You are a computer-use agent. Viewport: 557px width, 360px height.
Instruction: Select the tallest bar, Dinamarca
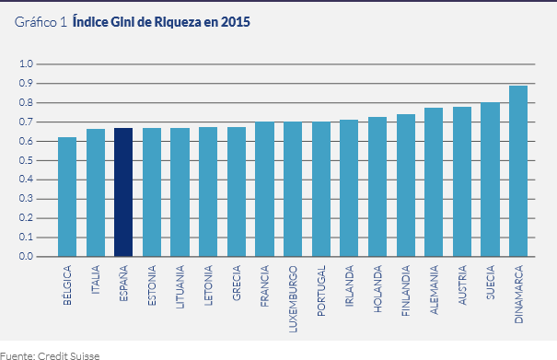pos(518,171)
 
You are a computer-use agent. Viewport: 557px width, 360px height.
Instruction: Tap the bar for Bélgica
pos(67,197)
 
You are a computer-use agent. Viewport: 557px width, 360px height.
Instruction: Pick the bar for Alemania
pos(434,182)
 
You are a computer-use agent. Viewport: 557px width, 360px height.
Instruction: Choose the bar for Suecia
pos(490,180)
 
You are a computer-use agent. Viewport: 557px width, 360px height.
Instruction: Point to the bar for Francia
pos(264,190)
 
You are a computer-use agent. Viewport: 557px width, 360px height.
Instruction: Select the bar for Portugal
pos(320,190)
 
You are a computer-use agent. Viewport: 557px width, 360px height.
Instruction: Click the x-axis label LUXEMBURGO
pos(294,291)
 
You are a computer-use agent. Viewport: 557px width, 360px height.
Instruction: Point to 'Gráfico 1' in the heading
pos(41,20)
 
